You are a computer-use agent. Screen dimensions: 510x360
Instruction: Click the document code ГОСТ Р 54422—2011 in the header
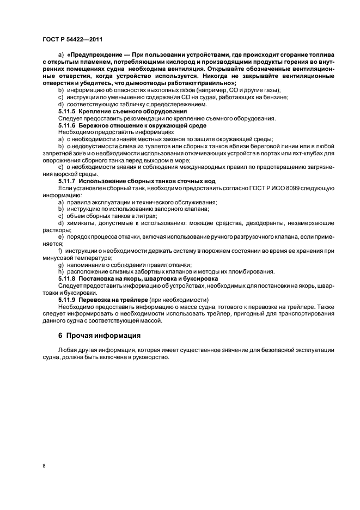click(x=72, y=40)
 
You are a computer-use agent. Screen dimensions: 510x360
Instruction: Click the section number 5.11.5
click(x=68, y=111)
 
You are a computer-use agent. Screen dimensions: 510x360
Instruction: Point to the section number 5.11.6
click(x=68, y=125)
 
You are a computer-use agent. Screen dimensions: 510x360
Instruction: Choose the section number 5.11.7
click(x=68, y=181)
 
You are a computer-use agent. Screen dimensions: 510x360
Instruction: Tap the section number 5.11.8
click(x=68, y=278)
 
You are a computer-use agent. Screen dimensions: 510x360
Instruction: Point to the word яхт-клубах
click(x=300, y=153)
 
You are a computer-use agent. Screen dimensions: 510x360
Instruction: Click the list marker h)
click(x=61, y=271)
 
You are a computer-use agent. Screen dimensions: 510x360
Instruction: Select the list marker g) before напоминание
click(x=61, y=264)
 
